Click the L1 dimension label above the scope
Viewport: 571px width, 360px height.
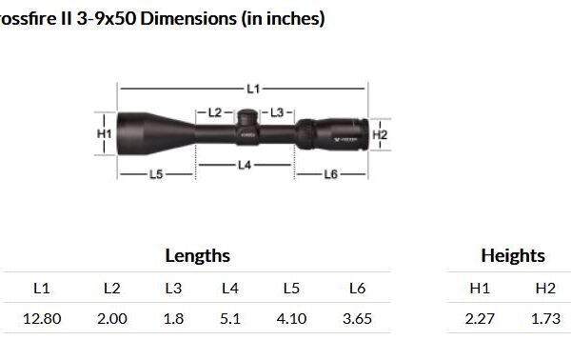click(253, 89)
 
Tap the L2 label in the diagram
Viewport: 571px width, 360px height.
click(215, 112)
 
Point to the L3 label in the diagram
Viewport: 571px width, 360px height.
click(277, 112)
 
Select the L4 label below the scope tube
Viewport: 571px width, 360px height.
click(245, 166)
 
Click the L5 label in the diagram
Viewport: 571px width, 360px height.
click(156, 174)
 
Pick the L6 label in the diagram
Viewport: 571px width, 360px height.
click(330, 174)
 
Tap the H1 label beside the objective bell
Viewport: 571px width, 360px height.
click(104, 134)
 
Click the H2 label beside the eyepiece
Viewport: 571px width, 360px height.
click(380, 135)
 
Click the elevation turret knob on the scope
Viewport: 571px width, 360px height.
click(248, 117)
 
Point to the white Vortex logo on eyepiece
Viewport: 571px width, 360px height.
click(345, 140)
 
